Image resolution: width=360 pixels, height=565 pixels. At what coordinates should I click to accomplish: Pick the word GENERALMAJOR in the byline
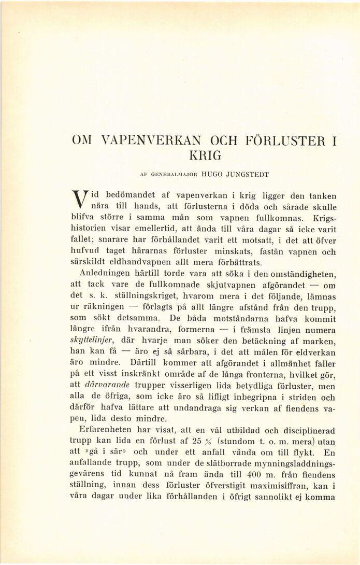tap(164, 175)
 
